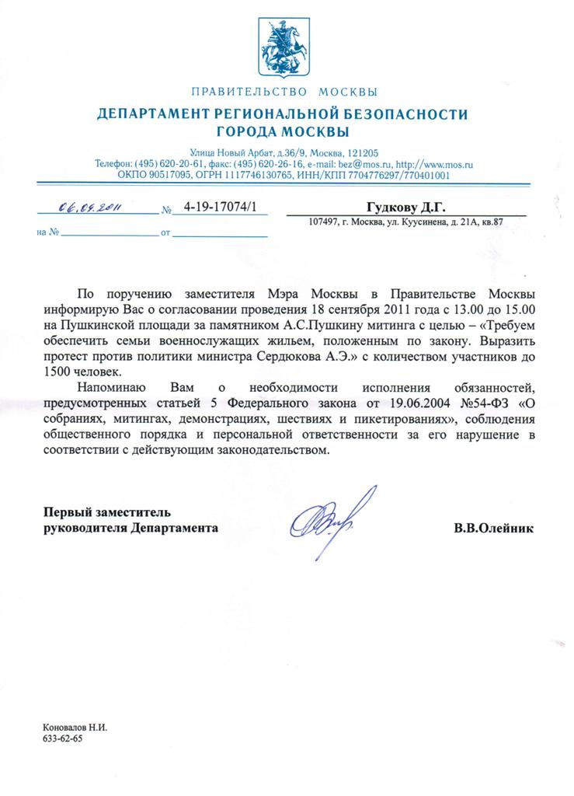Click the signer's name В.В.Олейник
(x=494, y=528)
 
